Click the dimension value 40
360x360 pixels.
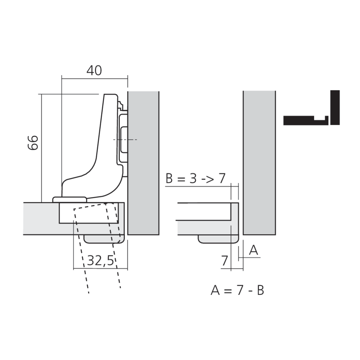pos(94,71)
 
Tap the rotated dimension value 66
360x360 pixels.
pos(33,143)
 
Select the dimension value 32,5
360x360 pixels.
pos(100,261)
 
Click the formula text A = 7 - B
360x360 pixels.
pos(237,290)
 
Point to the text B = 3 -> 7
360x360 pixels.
pos(195,178)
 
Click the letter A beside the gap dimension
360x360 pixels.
pos(253,250)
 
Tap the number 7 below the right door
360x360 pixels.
pos(225,261)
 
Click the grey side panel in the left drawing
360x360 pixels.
pos(143,163)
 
